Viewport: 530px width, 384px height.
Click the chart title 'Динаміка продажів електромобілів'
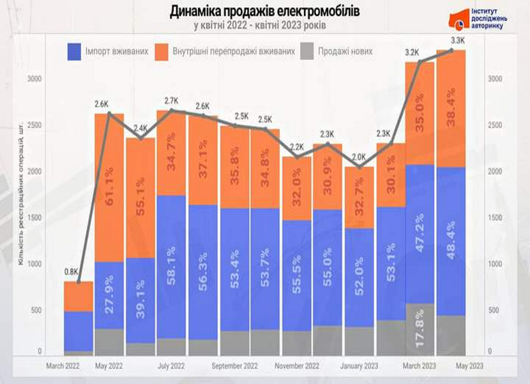[x=264, y=12]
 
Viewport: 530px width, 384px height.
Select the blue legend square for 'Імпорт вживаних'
[x=74, y=52]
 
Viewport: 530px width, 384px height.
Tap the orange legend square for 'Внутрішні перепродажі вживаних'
[x=163, y=52]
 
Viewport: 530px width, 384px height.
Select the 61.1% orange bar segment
[x=110, y=188]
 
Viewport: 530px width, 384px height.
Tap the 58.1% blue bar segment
[x=171, y=266]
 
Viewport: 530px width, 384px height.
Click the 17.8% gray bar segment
[x=419, y=329]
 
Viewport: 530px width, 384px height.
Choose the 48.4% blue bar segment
[x=451, y=241]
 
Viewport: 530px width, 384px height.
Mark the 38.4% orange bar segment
[x=451, y=108]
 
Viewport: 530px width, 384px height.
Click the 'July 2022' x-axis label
[x=171, y=366]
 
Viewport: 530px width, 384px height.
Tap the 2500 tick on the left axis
[x=35, y=125]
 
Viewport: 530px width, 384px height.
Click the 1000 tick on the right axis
[x=497, y=264]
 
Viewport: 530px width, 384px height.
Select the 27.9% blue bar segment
[x=110, y=296]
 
